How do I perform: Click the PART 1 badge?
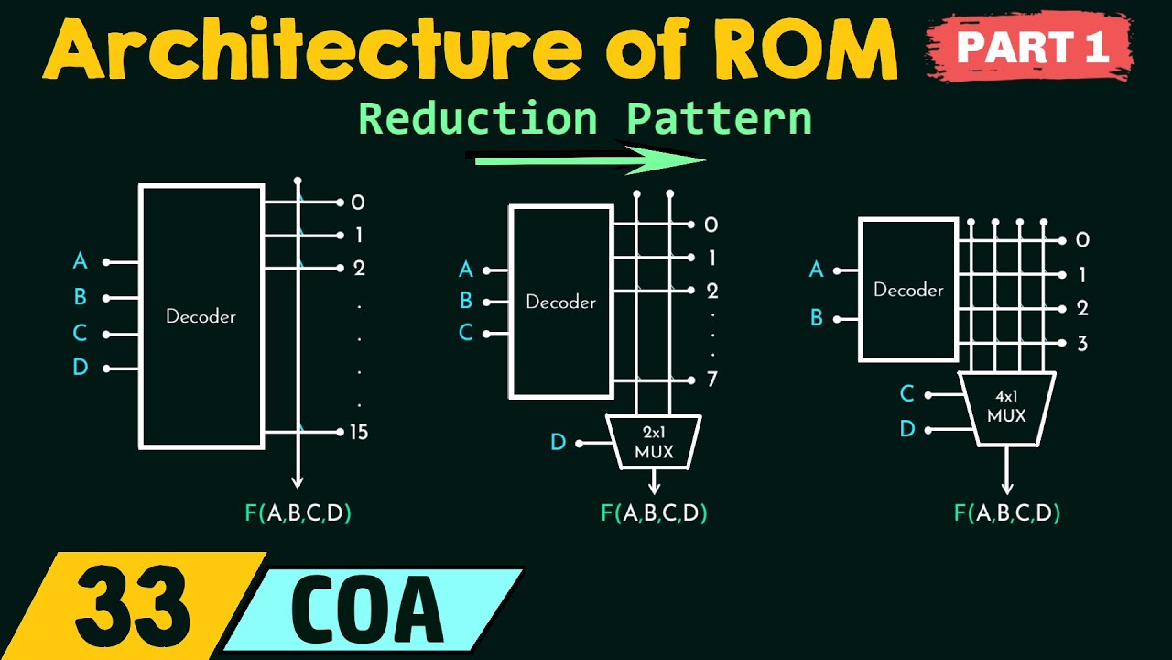(1031, 47)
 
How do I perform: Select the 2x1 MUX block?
(654, 442)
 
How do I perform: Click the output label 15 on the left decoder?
(359, 432)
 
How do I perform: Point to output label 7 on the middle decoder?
(711, 379)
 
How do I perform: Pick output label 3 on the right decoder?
(1082, 344)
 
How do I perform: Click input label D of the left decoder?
(81, 368)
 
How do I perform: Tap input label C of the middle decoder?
(466, 333)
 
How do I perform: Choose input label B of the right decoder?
(816, 318)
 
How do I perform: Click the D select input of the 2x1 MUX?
(558, 443)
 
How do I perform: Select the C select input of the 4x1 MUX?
(906, 394)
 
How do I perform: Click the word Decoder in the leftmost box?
(201, 316)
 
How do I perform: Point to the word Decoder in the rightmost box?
(908, 290)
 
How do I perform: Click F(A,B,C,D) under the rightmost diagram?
(1007, 512)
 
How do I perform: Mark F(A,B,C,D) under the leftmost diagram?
(298, 512)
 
